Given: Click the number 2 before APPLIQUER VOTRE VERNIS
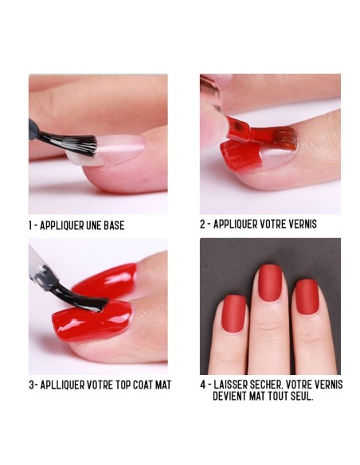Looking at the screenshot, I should click(x=203, y=224).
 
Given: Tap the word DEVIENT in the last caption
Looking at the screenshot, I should click(x=229, y=395).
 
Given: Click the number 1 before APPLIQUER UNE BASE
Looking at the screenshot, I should click(x=31, y=225).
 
